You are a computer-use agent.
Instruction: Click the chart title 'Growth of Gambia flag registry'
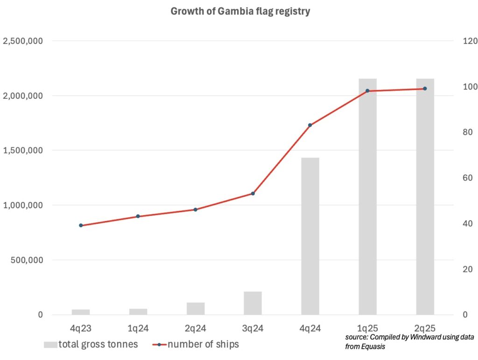point(240,12)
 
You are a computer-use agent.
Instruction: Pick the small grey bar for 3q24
point(253,303)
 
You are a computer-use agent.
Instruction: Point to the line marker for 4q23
point(81,225)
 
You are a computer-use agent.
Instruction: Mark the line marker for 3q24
point(253,193)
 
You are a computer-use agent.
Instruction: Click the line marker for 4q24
point(310,125)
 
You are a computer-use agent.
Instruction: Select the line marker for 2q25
point(425,89)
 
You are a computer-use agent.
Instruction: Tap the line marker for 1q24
point(138,216)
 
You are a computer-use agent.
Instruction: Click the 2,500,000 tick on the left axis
point(23,41)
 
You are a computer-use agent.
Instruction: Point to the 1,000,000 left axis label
point(23,205)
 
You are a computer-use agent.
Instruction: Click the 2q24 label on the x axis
point(195,329)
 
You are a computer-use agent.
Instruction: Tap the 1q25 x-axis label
point(367,329)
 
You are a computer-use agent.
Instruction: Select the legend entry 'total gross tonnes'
point(98,345)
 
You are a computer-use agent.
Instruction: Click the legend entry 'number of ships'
point(203,345)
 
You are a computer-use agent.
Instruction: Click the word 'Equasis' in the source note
point(374,346)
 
